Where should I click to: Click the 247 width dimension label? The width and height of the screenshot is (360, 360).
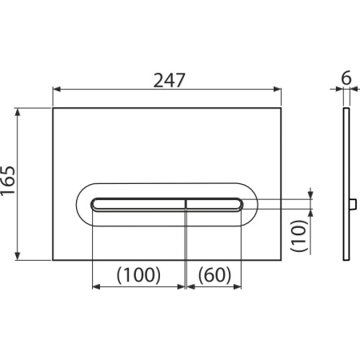169,80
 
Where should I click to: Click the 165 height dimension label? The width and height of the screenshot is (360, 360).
8,181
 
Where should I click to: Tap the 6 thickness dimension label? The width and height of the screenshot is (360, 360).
346,78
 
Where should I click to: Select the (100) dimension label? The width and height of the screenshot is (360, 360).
138,274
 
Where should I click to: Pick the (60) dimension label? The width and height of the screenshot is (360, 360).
214,274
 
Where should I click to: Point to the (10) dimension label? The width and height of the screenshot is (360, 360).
299,235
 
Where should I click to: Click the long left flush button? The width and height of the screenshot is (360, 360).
138,205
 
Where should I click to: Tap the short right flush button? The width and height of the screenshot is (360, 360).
214,205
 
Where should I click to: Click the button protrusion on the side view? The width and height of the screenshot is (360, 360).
354,205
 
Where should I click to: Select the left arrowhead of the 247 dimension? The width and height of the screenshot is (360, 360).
57,90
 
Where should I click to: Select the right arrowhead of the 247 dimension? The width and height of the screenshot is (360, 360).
278,90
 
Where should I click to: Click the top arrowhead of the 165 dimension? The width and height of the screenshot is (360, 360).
18,112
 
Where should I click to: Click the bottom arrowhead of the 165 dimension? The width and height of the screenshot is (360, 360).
18,256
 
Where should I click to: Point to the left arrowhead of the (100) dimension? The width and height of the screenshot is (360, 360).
96,286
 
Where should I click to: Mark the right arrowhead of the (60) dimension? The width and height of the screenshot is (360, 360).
238,286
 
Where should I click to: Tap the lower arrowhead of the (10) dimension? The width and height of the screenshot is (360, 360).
310,214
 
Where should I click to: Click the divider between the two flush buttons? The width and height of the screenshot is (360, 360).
186,205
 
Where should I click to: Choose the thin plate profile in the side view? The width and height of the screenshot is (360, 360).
346,184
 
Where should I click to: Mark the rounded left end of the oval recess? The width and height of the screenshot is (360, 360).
77,205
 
